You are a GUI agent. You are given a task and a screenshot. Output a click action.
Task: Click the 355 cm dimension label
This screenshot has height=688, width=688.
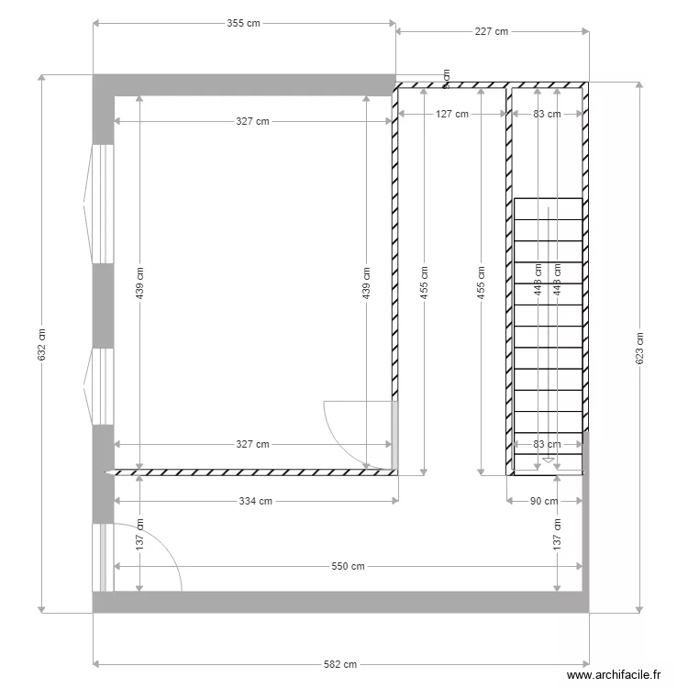pos(244,24)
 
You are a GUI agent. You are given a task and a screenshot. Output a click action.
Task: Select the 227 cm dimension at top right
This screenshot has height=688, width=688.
pos(492,31)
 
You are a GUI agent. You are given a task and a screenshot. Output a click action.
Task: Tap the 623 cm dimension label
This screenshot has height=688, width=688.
pos(639,347)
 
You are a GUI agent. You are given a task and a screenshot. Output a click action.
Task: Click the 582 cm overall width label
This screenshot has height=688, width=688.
pos(340,664)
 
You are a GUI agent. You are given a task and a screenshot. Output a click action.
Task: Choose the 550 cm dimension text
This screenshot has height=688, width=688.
pos(348,566)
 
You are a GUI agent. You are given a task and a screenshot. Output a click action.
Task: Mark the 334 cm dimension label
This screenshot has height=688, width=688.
pos(255,501)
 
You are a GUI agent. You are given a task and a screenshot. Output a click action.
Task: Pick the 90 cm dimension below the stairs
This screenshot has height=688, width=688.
pos(545,501)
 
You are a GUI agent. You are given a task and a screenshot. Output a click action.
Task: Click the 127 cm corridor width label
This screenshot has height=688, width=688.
pos(451,115)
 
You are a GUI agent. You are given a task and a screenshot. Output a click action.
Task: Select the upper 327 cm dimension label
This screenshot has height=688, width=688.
pos(252,121)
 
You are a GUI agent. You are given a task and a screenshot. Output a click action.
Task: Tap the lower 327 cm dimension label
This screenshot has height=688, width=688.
pos(252,444)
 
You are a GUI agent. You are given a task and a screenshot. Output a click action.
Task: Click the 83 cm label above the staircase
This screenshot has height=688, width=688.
pos(546,115)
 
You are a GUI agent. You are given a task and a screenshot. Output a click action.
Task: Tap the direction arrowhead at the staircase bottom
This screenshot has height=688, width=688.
pos(548,461)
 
